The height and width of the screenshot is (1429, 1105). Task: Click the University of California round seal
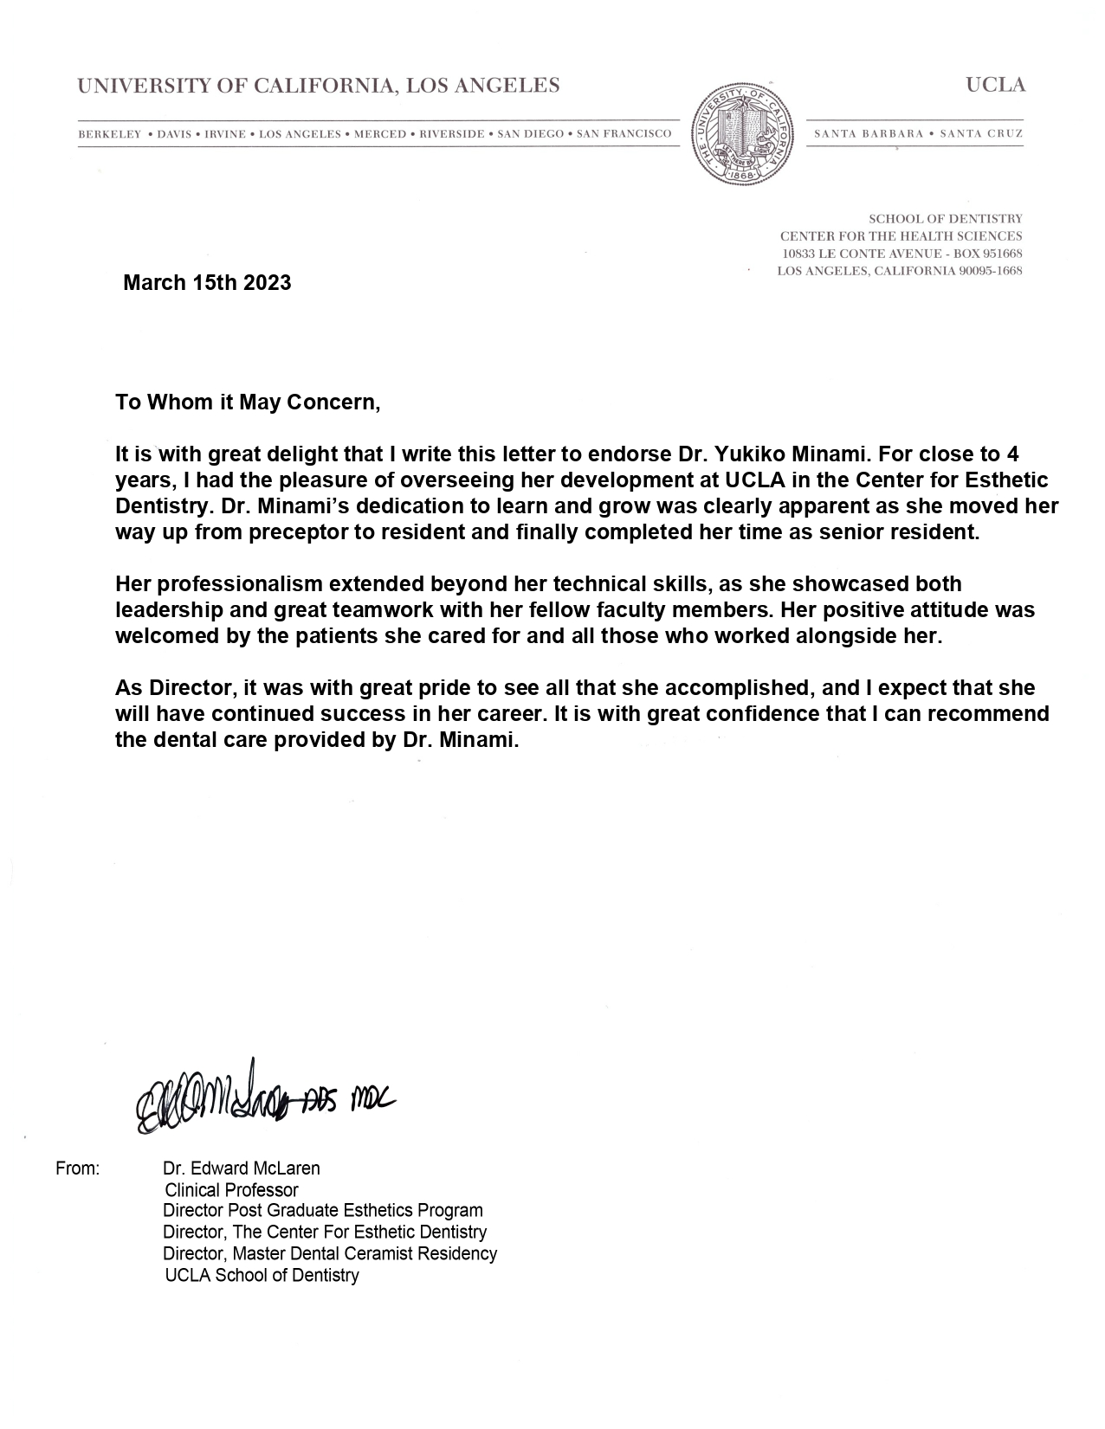(742, 133)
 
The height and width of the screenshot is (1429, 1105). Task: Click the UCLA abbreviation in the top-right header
(995, 85)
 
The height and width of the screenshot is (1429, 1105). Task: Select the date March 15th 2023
(207, 283)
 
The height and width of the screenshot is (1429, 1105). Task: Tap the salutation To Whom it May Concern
(248, 402)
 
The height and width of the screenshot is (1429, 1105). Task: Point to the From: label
(78, 1168)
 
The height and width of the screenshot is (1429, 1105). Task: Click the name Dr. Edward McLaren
(242, 1168)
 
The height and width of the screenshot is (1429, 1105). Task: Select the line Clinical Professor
(231, 1190)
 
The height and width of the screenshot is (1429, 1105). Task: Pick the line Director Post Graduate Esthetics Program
(323, 1211)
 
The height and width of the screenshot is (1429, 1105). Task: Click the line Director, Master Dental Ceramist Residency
(330, 1253)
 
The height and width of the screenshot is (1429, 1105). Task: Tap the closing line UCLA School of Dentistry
(262, 1275)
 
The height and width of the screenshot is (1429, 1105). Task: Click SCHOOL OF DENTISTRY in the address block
(946, 219)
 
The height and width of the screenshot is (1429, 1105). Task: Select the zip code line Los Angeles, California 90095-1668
(900, 271)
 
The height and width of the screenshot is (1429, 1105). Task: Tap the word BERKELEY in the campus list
(109, 134)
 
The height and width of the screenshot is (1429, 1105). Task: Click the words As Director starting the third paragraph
(175, 688)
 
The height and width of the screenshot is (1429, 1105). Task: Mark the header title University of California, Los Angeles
(319, 85)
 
